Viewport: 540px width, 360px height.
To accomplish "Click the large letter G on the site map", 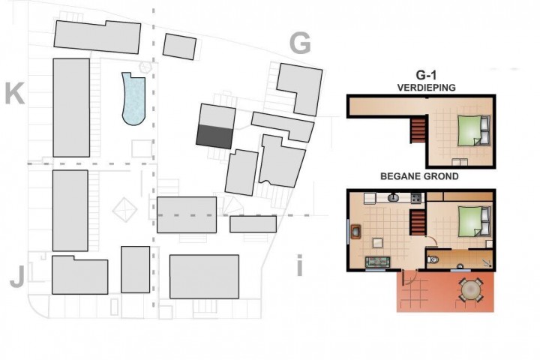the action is [300, 43].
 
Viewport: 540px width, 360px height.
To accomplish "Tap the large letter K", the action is [15, 93].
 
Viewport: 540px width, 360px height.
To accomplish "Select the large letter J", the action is [17, 277].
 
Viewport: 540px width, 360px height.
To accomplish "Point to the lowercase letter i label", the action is [299, 265].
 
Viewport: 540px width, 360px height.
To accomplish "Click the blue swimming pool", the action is [133, 99].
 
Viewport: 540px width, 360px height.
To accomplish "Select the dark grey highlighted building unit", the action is [214, 136].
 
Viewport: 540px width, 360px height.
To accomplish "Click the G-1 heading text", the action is [426, 75].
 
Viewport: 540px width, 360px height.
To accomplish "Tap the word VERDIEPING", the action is [426, 88].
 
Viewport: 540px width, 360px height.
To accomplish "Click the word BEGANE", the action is [400, 176].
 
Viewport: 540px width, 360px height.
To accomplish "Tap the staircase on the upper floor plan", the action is [418, 130].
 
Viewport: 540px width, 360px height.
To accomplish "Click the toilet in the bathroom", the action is [433, 259].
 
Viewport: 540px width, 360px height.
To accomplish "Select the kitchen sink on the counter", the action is [393, 198].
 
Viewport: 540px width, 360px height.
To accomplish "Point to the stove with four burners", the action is [416, 198].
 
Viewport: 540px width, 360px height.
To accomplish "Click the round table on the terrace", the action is [470, 289].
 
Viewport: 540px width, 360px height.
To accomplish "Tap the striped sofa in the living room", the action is [377, 262].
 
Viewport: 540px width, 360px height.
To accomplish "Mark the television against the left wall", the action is [355, 231].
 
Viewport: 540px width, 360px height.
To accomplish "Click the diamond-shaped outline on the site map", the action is [125, 209].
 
